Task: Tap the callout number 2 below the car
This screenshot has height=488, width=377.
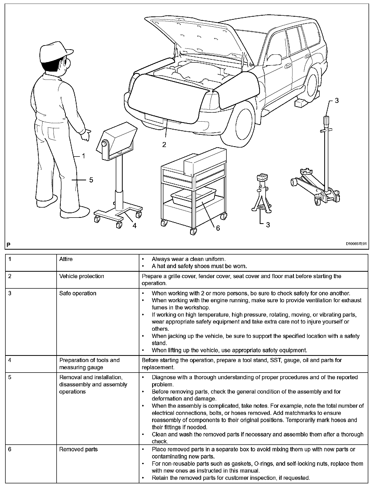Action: click(x=164, y=145)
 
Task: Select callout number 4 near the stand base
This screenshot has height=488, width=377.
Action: click(x=134, y=226)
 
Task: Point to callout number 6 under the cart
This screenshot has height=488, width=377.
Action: click(x=218, y=228)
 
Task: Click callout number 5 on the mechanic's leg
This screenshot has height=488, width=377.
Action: click(x=91, y=180)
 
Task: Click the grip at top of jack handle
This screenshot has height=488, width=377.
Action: click(x=327, y=120)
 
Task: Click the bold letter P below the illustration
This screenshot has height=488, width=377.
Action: click(x=8, y=245)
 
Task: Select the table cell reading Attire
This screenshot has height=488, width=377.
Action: click(x=66, y=259)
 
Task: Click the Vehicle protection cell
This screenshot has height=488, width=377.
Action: click(x=82, y=276)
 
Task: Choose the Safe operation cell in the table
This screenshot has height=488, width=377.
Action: click(x=78, y=293)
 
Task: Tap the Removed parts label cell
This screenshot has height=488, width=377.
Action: click(x=78, y=449)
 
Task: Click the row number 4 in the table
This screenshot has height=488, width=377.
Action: click(x=10, y=360)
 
